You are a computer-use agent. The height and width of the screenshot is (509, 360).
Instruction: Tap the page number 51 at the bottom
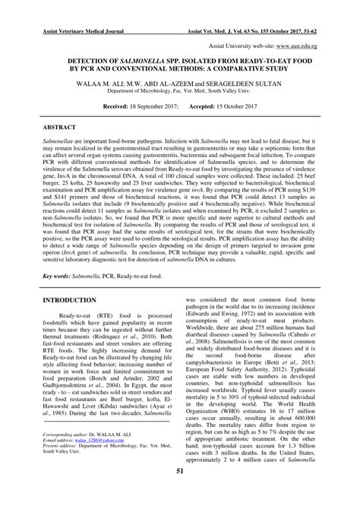(180, 493)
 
